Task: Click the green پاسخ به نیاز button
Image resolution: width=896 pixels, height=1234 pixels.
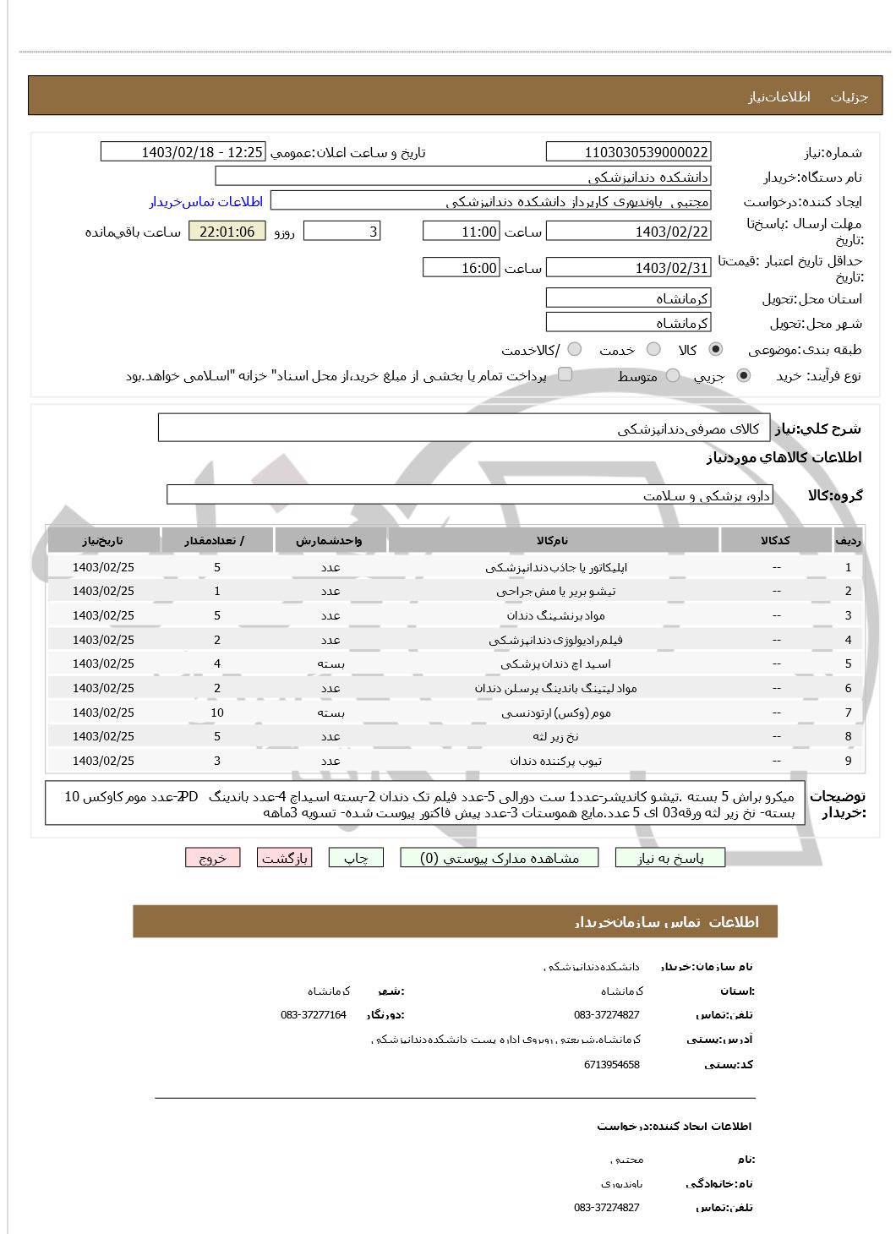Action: click(x=670, y=858)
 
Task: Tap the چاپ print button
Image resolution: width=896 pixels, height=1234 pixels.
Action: click(x=356, y=858)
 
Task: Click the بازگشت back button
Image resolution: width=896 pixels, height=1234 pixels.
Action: click(x=284, y=858)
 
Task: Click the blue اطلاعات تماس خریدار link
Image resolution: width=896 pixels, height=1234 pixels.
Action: click(x=206, y=201)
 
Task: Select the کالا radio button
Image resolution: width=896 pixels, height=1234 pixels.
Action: click(x=716, y=349)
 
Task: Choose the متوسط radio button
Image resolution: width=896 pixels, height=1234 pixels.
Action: click(x=673, y=376)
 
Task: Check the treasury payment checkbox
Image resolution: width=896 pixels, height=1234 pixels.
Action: click(x=565, y=374)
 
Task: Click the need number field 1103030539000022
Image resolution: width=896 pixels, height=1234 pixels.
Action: click(x=628, y=152)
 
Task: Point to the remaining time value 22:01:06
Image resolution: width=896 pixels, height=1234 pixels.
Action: click(x=227, y=232)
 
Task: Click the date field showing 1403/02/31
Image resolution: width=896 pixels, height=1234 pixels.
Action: click(x=628, y=268)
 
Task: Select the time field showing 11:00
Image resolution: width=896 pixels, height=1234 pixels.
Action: click(x=461, y=232)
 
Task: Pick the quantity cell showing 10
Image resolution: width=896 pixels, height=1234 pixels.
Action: click(x=217, y=713)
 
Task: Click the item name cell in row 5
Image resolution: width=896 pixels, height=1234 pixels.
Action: click(x=553, y=664)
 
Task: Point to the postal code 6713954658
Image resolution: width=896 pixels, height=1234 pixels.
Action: click(x=612, y=1065)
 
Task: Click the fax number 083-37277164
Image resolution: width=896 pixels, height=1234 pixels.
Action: click(x=314, y=1014)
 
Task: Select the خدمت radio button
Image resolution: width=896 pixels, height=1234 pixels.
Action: click(x=653, y=349)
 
